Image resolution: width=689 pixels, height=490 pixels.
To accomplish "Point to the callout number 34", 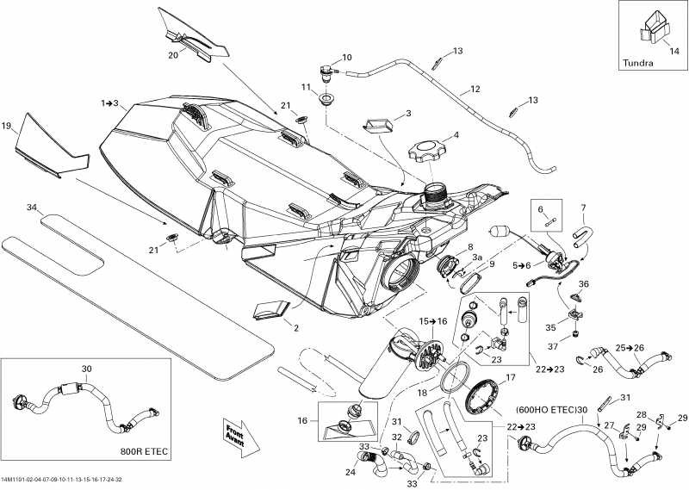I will (x=33, y=208).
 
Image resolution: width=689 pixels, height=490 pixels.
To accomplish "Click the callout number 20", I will (x=173, y=55).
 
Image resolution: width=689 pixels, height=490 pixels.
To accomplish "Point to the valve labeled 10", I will (x=328, y=71).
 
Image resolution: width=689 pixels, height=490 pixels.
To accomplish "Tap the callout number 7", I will (x=583, y=208).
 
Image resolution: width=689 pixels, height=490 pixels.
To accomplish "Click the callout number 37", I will (x=577, y=346).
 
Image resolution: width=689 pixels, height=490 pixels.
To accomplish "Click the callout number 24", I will (x=351, y=472).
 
